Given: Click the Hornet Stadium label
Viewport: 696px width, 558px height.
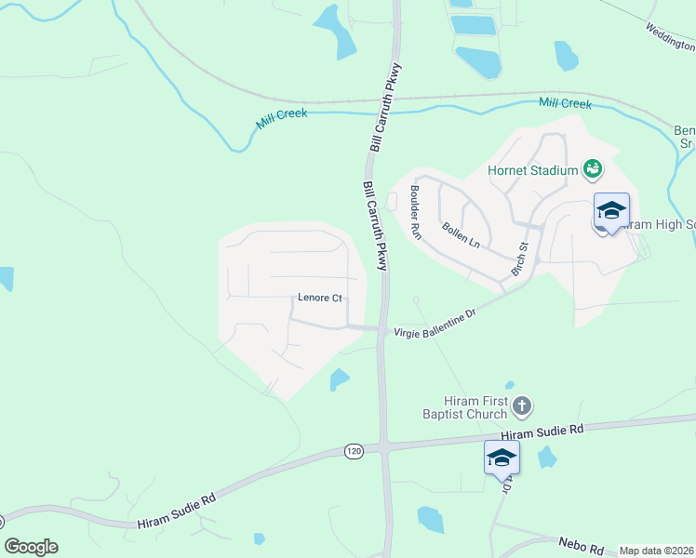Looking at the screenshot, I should click(x=532, y=170).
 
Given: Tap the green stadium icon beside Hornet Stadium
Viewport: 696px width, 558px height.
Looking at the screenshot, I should click(x=592, y=168).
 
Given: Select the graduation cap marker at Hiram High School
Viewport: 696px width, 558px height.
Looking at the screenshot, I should click(x=611, y=212).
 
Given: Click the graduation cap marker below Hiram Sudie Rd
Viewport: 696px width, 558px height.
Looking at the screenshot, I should click(x=502, y=458).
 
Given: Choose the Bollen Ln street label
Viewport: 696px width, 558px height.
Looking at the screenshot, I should click(x=462, y=234).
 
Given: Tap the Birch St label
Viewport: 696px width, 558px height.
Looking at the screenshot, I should click(x=519, y=259).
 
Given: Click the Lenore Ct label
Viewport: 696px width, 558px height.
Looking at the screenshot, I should click(x=320, y=299).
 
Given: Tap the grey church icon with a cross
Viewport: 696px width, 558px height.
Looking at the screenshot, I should click(x=522, y=405).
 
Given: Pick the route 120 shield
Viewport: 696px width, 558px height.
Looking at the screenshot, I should click(x=354, y=451).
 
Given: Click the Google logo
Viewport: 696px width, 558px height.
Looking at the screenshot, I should click(x=31, y=547).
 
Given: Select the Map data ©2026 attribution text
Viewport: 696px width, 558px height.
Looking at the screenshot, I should click(x=657, y=551).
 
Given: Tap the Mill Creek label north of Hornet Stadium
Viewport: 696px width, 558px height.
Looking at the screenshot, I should click(x=565, y=103).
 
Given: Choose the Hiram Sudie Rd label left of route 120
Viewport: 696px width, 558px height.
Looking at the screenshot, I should click(x=176, y=511).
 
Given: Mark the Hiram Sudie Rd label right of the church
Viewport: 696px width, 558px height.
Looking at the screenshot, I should click(x=542, y=432).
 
